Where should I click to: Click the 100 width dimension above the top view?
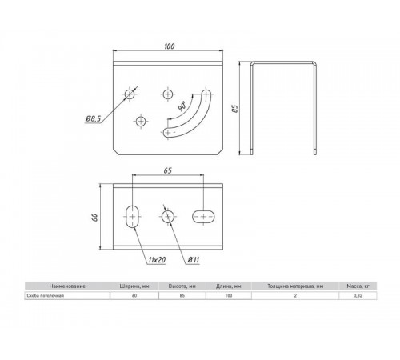click(x=169, y=46)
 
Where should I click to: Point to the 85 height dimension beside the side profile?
click(x=234, y=108)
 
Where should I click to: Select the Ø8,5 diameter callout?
click(x=93, y=119)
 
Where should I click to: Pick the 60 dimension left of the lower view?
click(x=93, y=217)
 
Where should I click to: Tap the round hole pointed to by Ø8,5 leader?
click(x=130, y=94)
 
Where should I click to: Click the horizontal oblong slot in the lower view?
click(x=205, y=214)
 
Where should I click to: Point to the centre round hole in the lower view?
click(x=167, y=216)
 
